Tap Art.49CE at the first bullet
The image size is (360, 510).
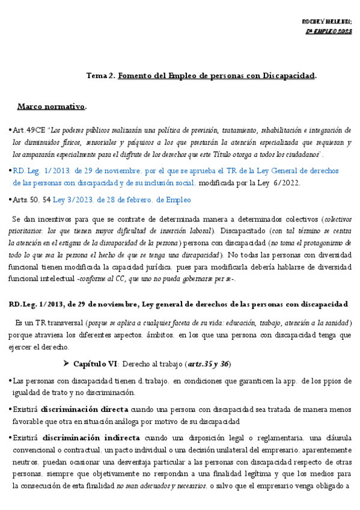click(28, 130)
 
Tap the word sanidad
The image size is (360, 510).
click(337, 323)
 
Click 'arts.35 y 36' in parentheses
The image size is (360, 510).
click(207, 364)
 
